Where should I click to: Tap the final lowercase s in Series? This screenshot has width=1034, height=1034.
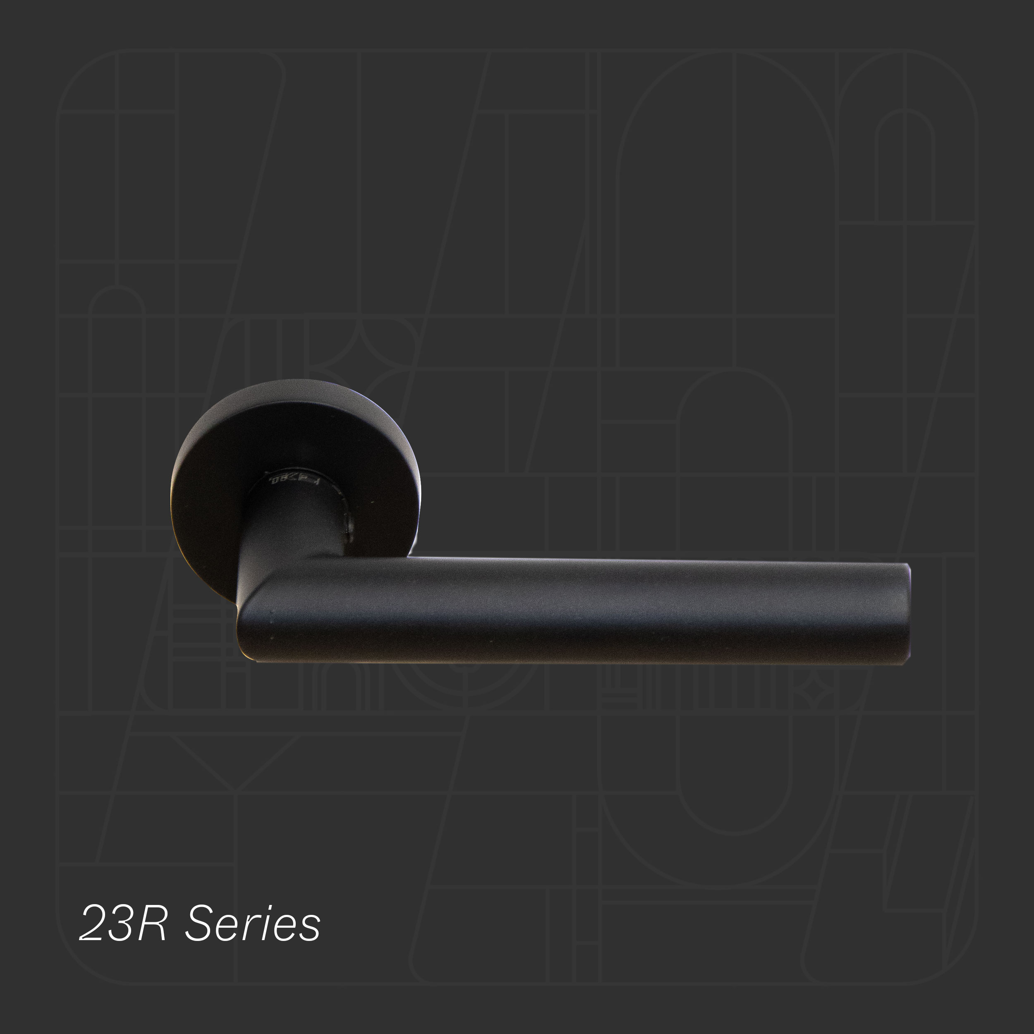pyautogui.click(x=309, y=927)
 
